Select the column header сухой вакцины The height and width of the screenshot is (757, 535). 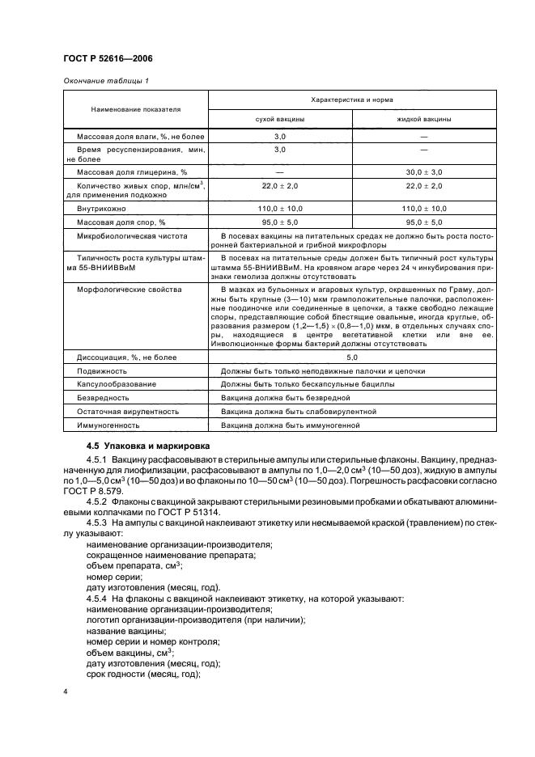click(280, 119)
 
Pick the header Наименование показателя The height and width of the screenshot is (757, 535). click(135, 108)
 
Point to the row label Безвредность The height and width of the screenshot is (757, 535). click(103, 398)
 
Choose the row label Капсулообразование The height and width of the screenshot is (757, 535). click(117, 384)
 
